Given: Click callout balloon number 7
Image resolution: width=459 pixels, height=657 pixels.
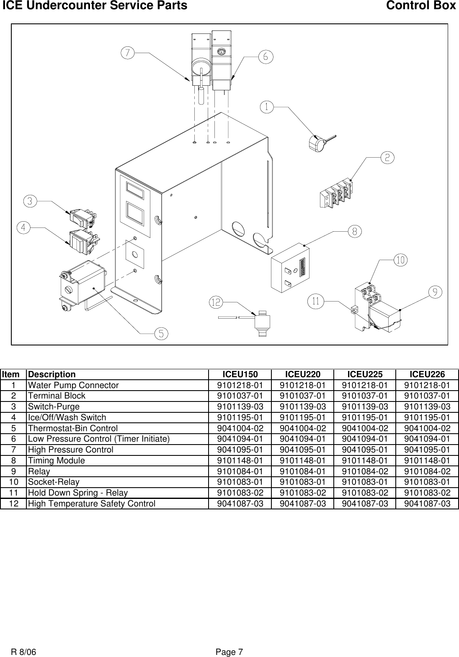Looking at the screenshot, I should (128, 53).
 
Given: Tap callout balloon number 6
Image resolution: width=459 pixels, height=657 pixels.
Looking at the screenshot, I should (266, 56).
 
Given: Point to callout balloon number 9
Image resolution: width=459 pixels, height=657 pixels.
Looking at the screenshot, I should (436, 292).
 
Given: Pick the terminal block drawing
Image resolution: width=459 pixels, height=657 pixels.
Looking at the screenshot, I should (336, 193).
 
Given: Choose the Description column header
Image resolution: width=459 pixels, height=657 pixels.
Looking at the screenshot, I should (52, 374).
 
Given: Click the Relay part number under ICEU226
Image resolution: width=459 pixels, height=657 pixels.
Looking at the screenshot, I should (427, 471).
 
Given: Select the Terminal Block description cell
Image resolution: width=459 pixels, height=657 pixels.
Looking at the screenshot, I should (57, 396).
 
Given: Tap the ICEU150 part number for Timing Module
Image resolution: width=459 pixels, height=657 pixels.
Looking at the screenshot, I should (240, 460).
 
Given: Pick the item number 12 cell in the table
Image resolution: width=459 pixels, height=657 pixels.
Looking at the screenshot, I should (14, 504).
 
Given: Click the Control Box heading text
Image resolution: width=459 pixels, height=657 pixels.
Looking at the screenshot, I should (420, 6).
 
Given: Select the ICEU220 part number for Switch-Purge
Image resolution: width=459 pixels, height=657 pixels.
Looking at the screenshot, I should (302, 406).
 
